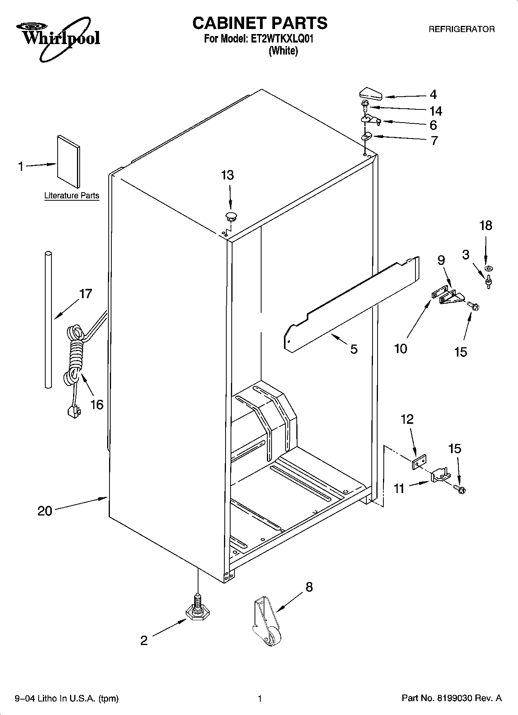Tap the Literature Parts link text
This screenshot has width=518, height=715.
(72, 196)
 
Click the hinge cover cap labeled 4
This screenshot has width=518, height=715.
(371, 94)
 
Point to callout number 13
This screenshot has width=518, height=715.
(227, 175)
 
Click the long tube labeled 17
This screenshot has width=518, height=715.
(48, 319)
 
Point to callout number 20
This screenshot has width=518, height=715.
(45, 511)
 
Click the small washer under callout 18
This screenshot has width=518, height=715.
(488, 268)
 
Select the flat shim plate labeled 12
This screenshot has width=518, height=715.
(419, 462)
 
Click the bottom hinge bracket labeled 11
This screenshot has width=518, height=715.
(440, 475)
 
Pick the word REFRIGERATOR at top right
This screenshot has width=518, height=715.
(461, 29)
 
